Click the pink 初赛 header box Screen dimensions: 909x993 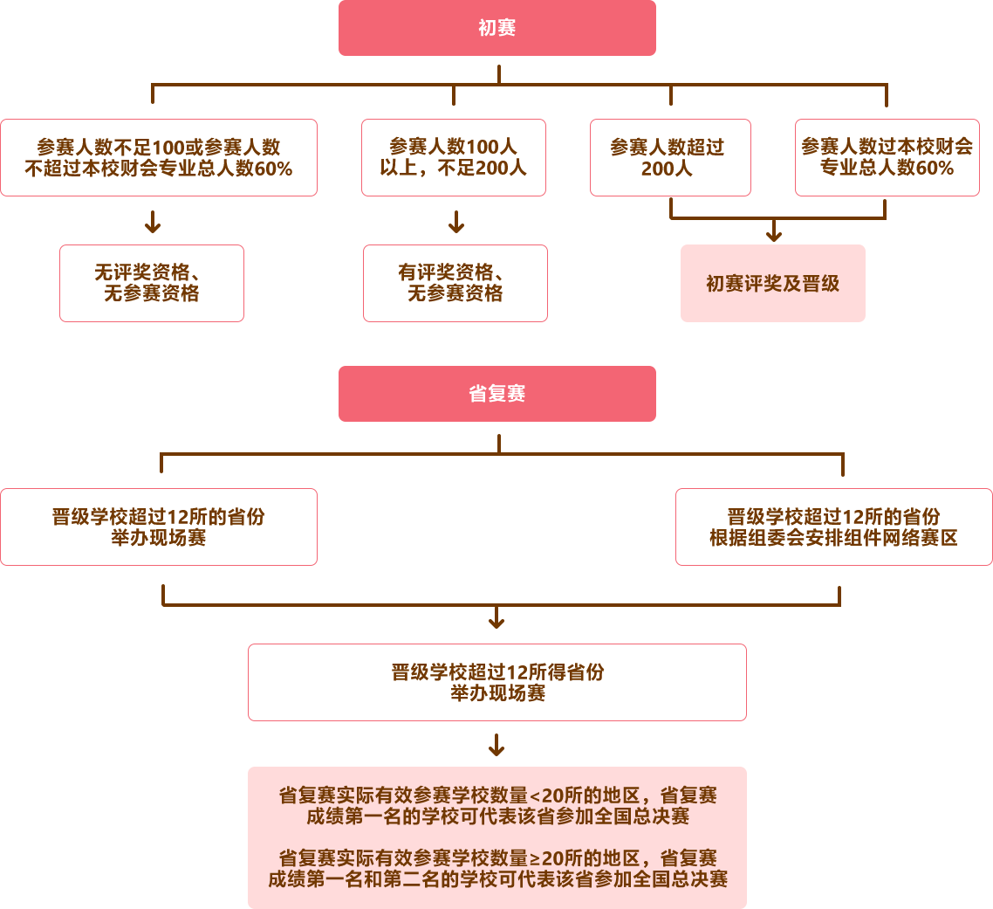[496, 29]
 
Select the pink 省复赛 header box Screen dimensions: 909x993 [496, 394]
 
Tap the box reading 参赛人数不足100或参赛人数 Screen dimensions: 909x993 [158, 158]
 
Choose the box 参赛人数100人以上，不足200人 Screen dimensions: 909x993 [454, 158]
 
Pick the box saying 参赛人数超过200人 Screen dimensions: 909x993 [670, 158]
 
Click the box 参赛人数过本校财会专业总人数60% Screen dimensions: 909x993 [887, 158]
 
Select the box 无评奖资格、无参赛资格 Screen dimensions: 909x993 [151, 284]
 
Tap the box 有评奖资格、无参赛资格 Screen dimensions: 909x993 [455, 284]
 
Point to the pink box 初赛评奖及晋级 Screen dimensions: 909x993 [772, 284]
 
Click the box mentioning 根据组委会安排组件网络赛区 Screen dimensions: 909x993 [833, 527]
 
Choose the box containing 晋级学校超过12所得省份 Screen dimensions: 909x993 [496, 683]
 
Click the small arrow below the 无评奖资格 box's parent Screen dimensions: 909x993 [153, 223]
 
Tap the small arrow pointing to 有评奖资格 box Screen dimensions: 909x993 [456, 223]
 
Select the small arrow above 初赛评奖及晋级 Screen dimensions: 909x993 [774, 231]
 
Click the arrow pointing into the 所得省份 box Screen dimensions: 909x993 [496, 619]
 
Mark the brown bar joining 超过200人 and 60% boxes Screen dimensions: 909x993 [777, 210]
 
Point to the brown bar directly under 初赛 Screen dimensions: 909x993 [519, 94]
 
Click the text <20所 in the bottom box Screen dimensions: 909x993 [552, 796]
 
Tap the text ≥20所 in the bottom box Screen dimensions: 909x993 [552, 858]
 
